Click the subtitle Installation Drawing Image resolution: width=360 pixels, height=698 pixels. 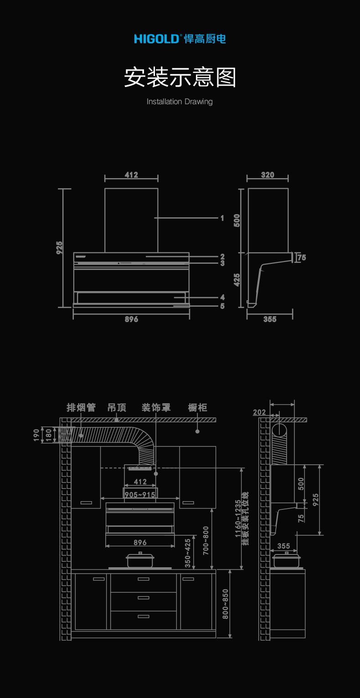pos(180,102)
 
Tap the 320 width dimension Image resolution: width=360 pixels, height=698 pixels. pos(267,175)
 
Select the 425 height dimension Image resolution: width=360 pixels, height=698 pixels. pos(237,279)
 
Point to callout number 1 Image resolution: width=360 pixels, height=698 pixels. pos(222,218)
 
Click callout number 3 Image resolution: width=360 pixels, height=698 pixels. pos(222,263)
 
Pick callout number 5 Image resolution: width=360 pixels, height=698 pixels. pos(222,306)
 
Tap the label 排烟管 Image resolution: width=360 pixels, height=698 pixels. pos(81,407)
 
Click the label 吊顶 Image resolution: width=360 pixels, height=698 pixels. pos(117,407)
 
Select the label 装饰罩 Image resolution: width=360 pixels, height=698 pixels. pos(156,407)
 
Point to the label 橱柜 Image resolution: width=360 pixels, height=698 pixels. pos(197,407)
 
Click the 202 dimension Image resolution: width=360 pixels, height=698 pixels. pos(259,412)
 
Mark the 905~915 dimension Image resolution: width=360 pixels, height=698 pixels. pos(140,495)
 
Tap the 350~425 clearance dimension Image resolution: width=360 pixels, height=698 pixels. pos(188,553)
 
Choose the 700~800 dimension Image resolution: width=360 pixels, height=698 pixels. pos(206,540)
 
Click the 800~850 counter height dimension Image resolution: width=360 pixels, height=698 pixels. pos(225,604)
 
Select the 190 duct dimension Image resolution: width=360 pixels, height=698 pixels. pos(36,435)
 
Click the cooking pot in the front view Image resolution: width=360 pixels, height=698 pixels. pos(140,560)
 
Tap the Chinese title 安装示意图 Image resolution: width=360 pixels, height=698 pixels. pos(180,77)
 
